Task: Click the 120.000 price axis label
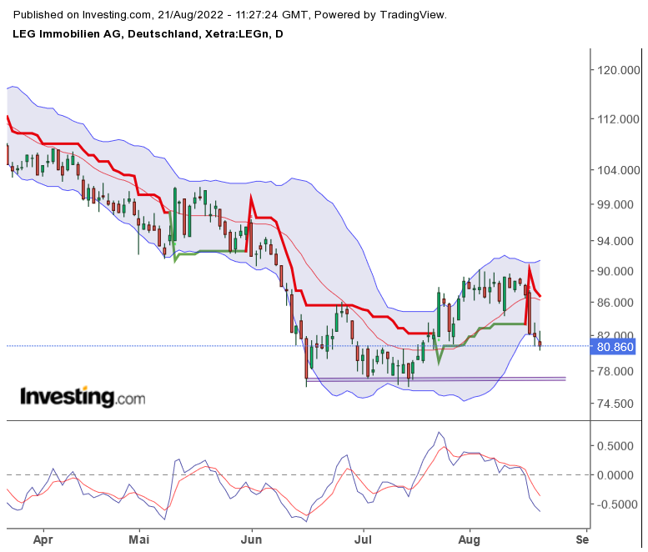617,71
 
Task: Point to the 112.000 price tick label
617,120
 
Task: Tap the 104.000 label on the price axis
617,170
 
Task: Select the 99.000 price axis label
617,205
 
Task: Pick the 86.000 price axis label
617,302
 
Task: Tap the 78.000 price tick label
617,371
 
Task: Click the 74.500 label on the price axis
617,404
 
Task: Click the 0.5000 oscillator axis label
617,446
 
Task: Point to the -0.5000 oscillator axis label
615,504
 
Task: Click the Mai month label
140,539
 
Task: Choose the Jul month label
363,539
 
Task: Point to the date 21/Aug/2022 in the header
193,15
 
